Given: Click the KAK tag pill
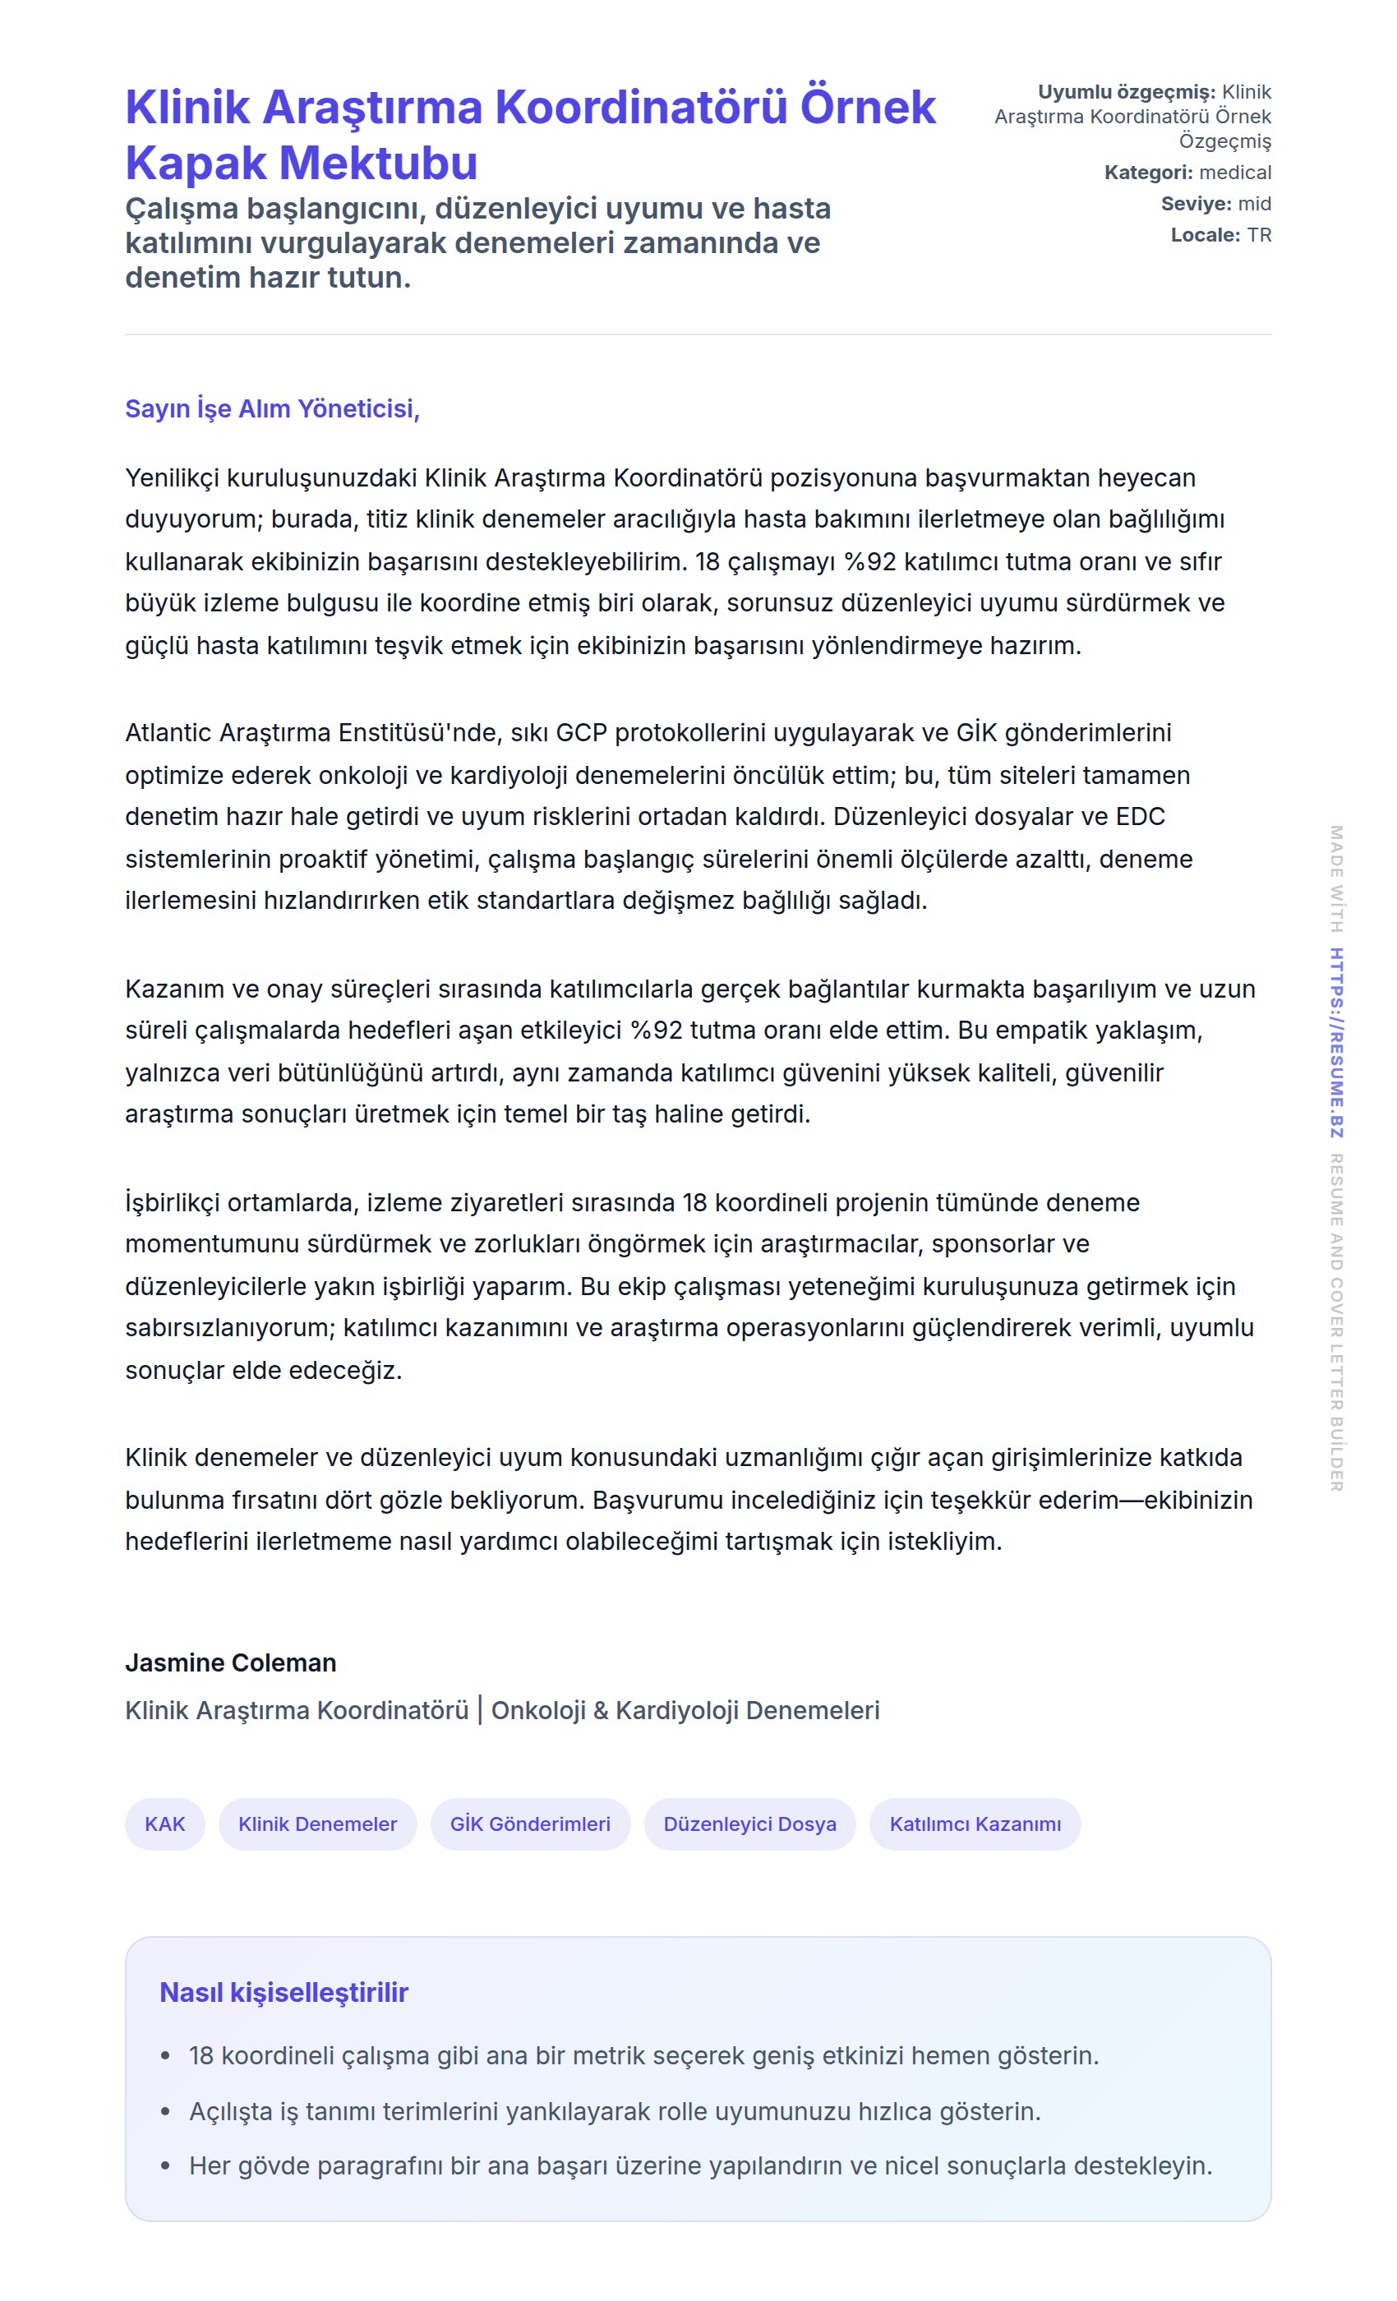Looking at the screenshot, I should [x=164, y=1824].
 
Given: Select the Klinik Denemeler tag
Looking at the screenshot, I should [x=317, y=1824].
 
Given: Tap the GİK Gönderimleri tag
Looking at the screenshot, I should [x=529, y=1824].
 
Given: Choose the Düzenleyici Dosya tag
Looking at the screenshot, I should [x=749, y=1824].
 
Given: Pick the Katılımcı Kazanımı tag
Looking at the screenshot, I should [x=974, y=1824].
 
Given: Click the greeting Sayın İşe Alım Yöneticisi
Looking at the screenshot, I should [x=272, y=409].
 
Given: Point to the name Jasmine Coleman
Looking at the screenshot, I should [x=231, y=1662].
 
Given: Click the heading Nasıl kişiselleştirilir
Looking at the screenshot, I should [x=284, y=1992].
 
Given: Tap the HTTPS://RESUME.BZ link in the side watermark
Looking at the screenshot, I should [x=1336, y=1042].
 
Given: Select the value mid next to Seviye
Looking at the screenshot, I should [x=1254, y=204].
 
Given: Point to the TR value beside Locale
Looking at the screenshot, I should [x=1258, y=235].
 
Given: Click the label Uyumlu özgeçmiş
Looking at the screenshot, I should [x=1126, y=92].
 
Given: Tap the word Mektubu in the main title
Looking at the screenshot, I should [x=379, y=164].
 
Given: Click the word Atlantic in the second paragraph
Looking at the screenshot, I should [x=168, y=733].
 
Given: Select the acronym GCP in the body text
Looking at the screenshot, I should [x=581, y=733].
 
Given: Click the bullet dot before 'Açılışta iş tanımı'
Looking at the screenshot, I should [x=165, y=2111].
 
